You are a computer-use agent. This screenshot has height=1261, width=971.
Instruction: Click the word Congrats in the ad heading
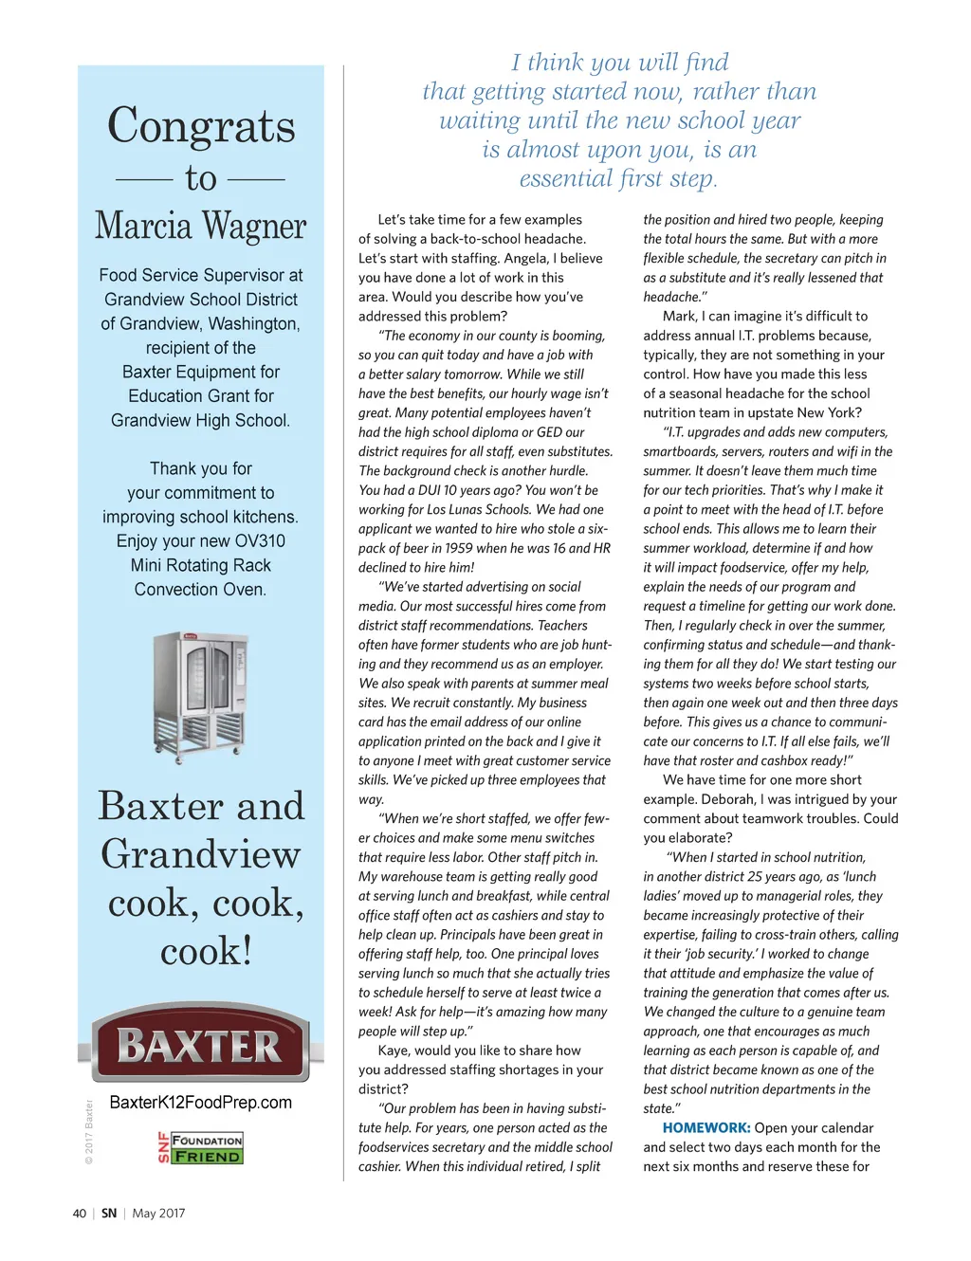click(x=201, y=126)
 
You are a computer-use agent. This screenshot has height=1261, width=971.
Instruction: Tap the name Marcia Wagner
click(x=201, y=227)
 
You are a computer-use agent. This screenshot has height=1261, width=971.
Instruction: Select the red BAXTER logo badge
click(x=200, y=1046)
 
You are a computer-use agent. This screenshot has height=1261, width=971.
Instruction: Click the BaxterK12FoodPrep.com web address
click(x=201, y=1103)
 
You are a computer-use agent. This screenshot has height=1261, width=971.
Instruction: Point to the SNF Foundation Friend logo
click(x=200, y=1147)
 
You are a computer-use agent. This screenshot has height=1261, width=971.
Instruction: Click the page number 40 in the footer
click(x=80, y=1214)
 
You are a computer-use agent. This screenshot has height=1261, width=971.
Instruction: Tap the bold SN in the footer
click(x=109, y=1214)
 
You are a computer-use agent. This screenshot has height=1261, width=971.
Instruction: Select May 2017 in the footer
click(x=158, y=1214)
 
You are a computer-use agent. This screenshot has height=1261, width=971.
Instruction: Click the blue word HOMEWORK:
click(x=706, y=1128)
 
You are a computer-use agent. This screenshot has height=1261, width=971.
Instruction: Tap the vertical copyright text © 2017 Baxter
click(x=89, y=1132)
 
